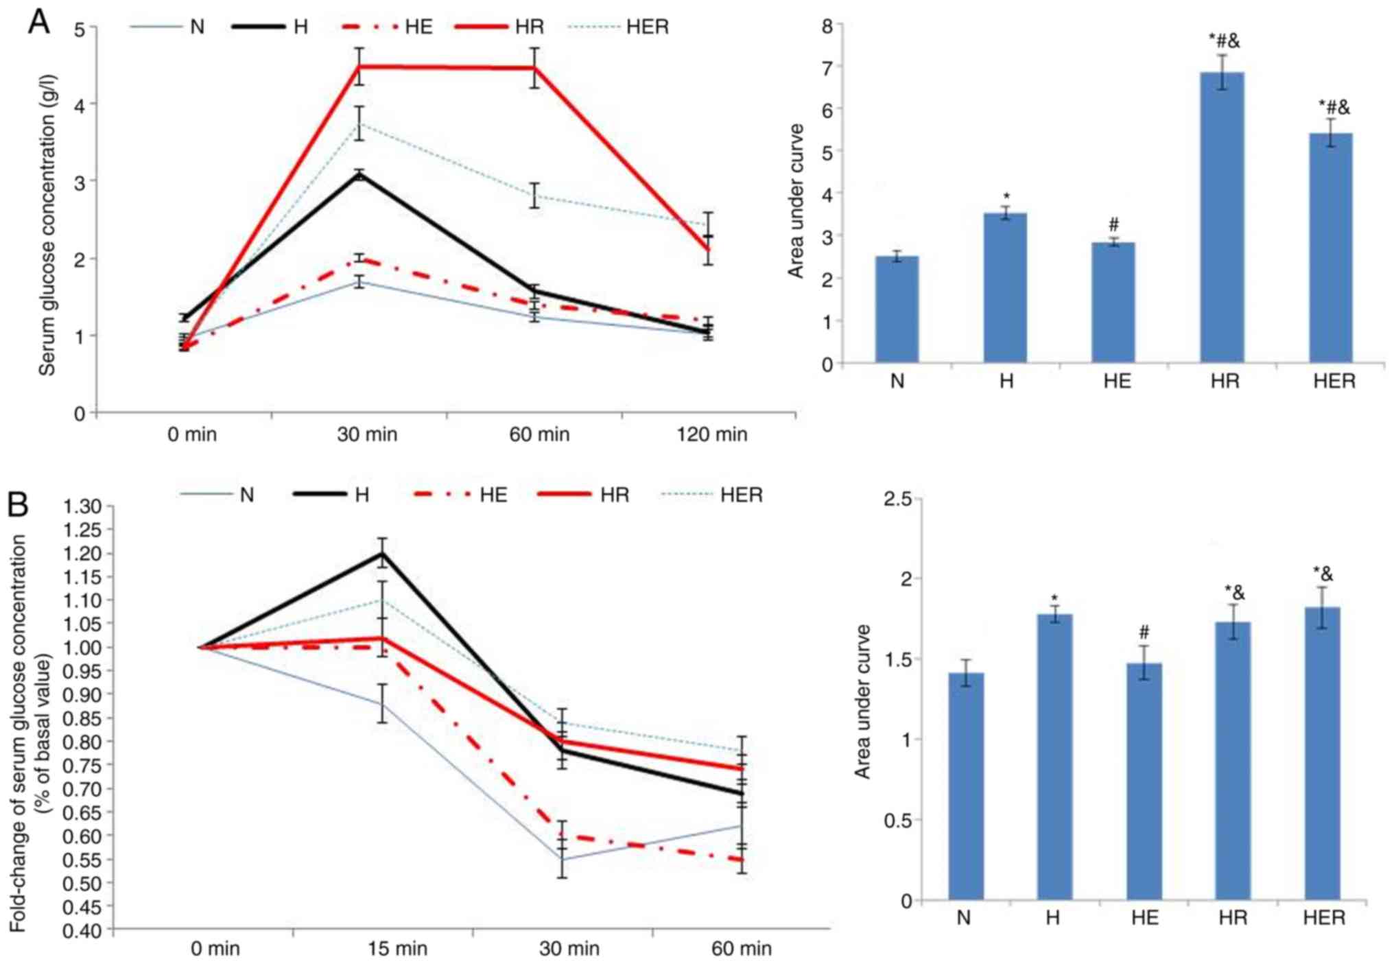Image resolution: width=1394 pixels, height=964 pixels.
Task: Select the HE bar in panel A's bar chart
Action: point(1113,302)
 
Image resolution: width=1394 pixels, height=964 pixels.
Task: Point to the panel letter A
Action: point(39,22)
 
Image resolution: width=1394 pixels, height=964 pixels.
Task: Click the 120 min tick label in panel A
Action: point(711,434)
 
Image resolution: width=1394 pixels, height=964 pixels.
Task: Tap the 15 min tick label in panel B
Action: point(397,949)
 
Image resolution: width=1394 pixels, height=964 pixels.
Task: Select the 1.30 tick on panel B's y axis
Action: point(82,506)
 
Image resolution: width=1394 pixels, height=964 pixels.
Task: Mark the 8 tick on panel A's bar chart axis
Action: point(827,26)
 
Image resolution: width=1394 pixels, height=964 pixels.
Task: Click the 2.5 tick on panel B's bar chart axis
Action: point(897,499)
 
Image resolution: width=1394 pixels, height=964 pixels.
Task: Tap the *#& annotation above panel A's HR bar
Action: point(1224,41)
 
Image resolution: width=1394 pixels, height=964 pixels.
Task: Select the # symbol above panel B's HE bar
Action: point(1144,632)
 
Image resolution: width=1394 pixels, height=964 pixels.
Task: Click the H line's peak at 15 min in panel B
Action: point(382,553)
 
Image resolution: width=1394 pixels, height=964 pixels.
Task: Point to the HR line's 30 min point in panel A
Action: point(359,67)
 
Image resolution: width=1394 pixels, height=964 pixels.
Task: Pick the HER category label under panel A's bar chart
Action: point(1334,381)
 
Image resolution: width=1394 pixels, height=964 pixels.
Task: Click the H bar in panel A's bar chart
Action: point(1005,287)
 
